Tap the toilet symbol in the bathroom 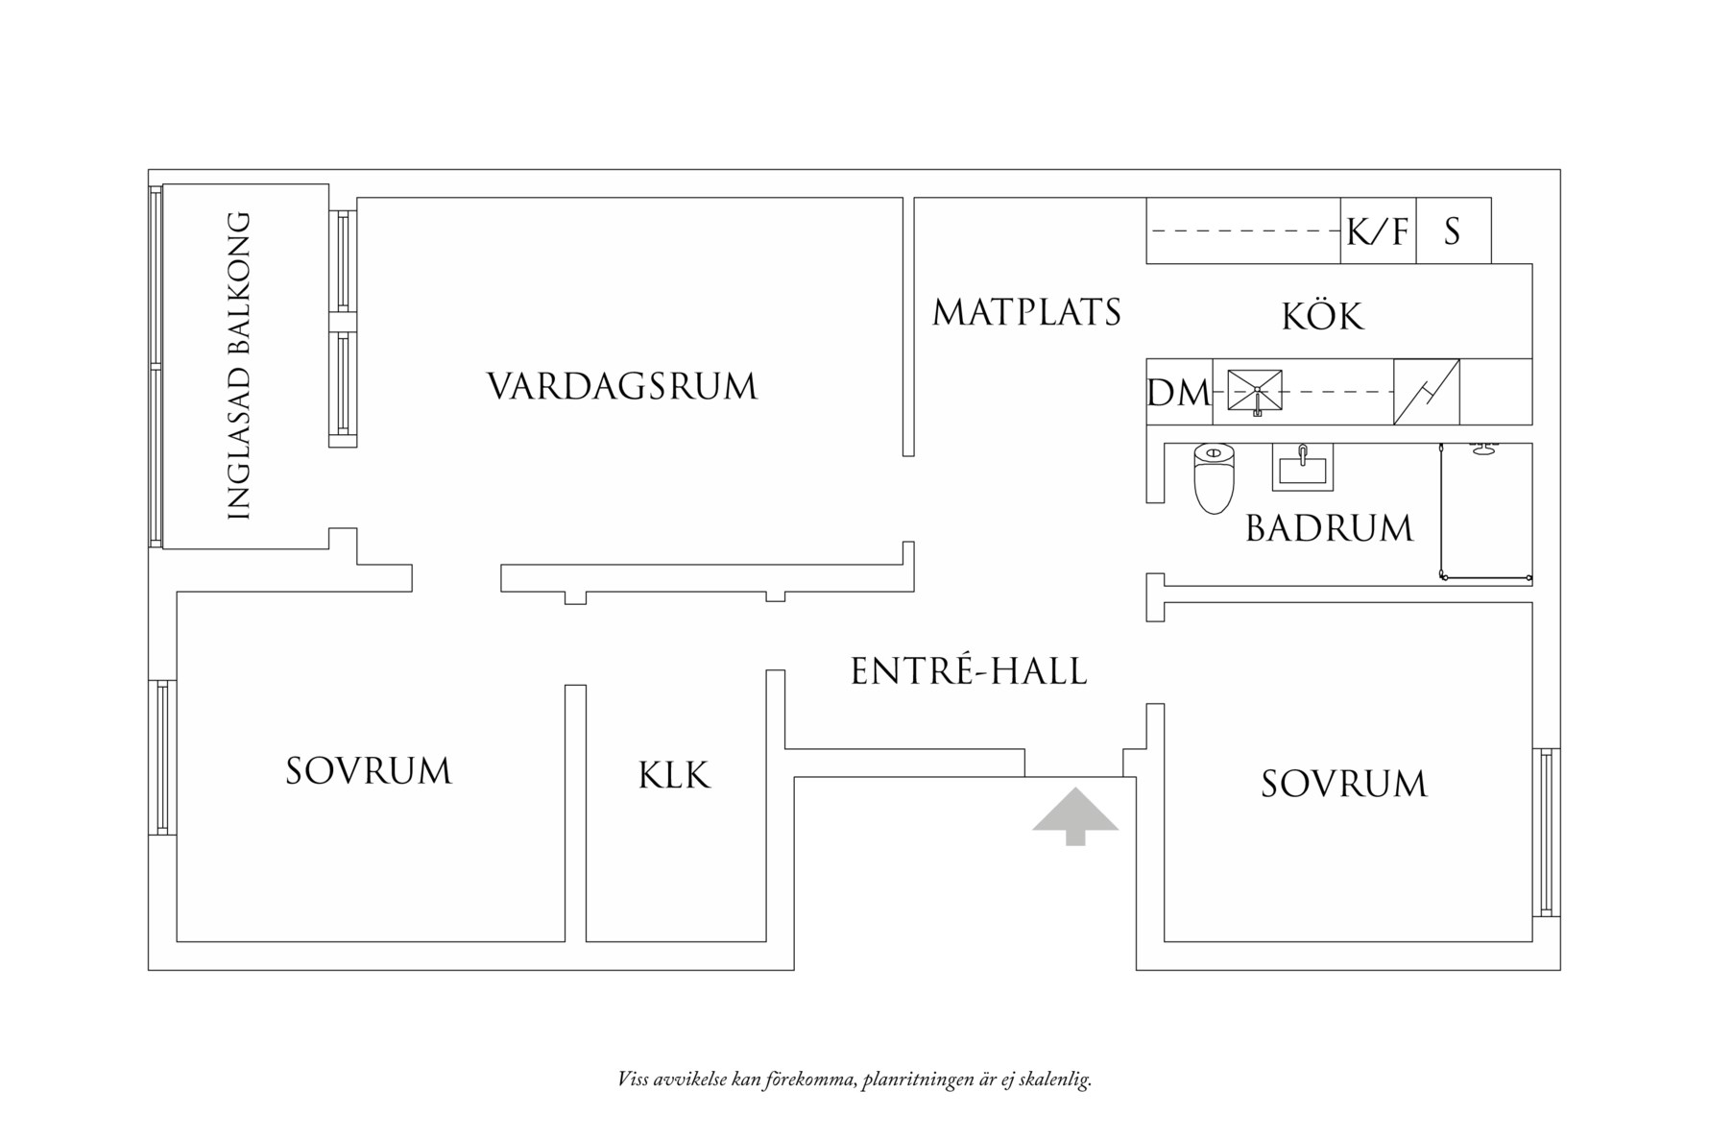pyautogui.click(x=1214, y=477)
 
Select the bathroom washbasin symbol pyautogui.click(x=1302, y=467)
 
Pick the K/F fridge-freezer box pyautogui.click(x=1378, y=231)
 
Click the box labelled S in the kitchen pyautogui.click(x=1453, y=231)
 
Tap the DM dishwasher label pyautogui.click(x=1179, y=393)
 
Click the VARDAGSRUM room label pyautogui.click(x=622, y=387)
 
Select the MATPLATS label pyautogui.click(x=1026, y=313)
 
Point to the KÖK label pyautogui.click(x=1322, y=316)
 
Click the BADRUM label pyautogui.click(x=1329, y=528)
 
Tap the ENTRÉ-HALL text pyautogui.click(x=969, y=670)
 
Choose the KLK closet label pyautogui.click(x=674, y=775)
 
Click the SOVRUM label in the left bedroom pyautogui.click(x=369, y=771)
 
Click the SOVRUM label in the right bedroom pyautogui.click(x=1343, y=784)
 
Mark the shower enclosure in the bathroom pyautogui.click(x=1485, y=514)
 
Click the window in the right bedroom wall pyautogui.click(x=1545, y=832)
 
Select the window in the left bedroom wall pyautogui.click(x=162, y=757)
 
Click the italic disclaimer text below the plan pyautogui.click(x=854, y=1079)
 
